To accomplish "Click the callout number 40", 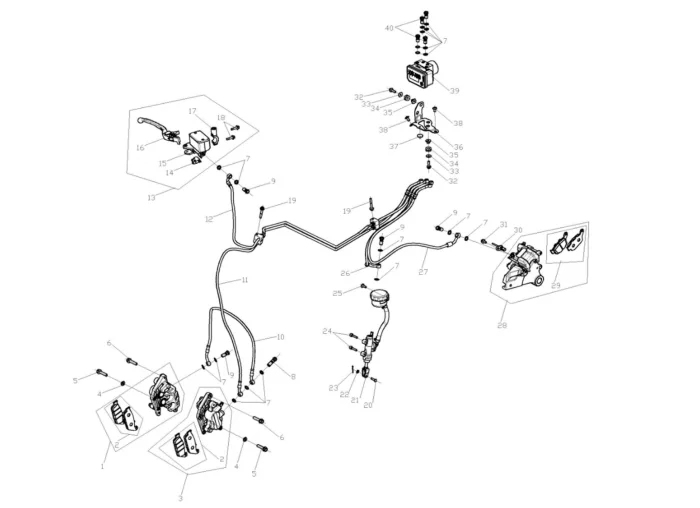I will [x=389, y=28].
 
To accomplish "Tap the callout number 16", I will [x=140, y=148].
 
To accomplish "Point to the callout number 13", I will [x=151, y=197].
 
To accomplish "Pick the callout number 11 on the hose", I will [x=244, y=281].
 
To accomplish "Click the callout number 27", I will [x=423, y=272].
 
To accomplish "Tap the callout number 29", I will [x=556, y=286].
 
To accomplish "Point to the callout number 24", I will [x=327, y=330].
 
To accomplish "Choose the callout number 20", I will [x=368, y=405].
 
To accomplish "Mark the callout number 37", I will [x=394, y=146].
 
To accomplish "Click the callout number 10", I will [x=280, y=337].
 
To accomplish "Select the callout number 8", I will [x=293, y=376].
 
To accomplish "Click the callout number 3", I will [x=181, y=497].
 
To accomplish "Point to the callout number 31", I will [x=504, y=224].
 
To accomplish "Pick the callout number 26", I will [x=344, y=272].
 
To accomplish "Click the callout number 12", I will [x=209, y=218].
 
